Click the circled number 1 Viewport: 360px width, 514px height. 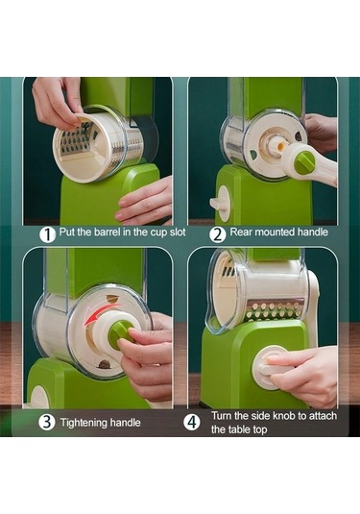[47, 234]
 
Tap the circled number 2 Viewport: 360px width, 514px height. [218, 234]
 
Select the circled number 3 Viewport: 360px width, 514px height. [46, 422]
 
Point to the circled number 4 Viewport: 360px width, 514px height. [192, 422]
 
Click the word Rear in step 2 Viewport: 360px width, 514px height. [241, 233]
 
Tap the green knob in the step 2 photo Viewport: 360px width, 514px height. [304, 162]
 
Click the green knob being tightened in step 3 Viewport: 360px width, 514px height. [120, 333]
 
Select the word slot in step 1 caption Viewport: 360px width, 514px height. [178, 233]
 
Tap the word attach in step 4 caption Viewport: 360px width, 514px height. [323, 416]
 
